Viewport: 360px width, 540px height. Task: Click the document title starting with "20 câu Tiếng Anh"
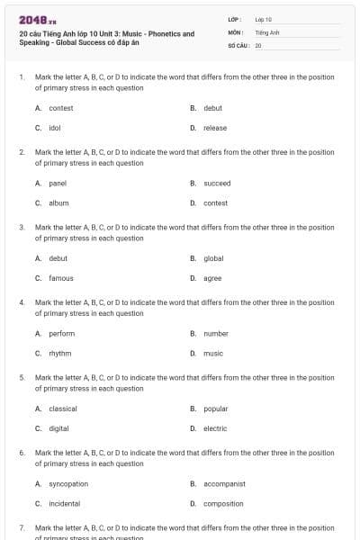tap(106, 38)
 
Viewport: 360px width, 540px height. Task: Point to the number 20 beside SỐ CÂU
tap(258, 44)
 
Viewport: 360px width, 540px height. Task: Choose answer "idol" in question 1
tap(56, 128)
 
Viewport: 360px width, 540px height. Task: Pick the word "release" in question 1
tap(215, 128)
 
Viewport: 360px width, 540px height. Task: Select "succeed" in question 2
tap(217, 183)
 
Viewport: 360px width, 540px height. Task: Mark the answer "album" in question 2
tap(58, 202)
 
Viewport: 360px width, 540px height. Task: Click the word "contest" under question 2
tap(215, 202)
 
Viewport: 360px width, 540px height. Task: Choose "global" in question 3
tap(213, 257)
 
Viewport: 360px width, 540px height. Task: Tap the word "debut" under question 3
tap(58, 257)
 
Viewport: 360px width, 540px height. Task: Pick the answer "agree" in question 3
tap(212, 278)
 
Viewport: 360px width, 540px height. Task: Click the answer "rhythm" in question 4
tap(60, 353)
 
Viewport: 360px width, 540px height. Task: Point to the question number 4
tap(21, 302)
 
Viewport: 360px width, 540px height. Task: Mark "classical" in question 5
tap(63, 408)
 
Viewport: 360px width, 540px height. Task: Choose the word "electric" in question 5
tap(215, 428)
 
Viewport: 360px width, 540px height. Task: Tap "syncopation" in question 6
tap(67, 483)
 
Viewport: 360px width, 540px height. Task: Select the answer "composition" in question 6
tap(223, 503)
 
